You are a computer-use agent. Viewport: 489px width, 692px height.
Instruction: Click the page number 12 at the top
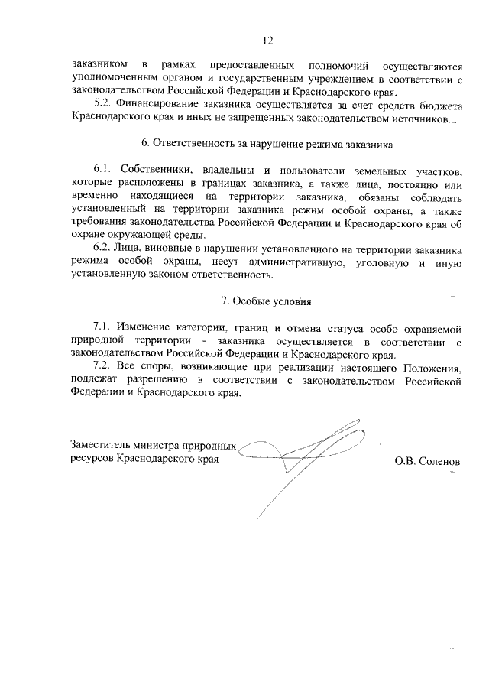[266, 40]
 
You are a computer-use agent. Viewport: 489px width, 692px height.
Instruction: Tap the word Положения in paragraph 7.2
[431, 366]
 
